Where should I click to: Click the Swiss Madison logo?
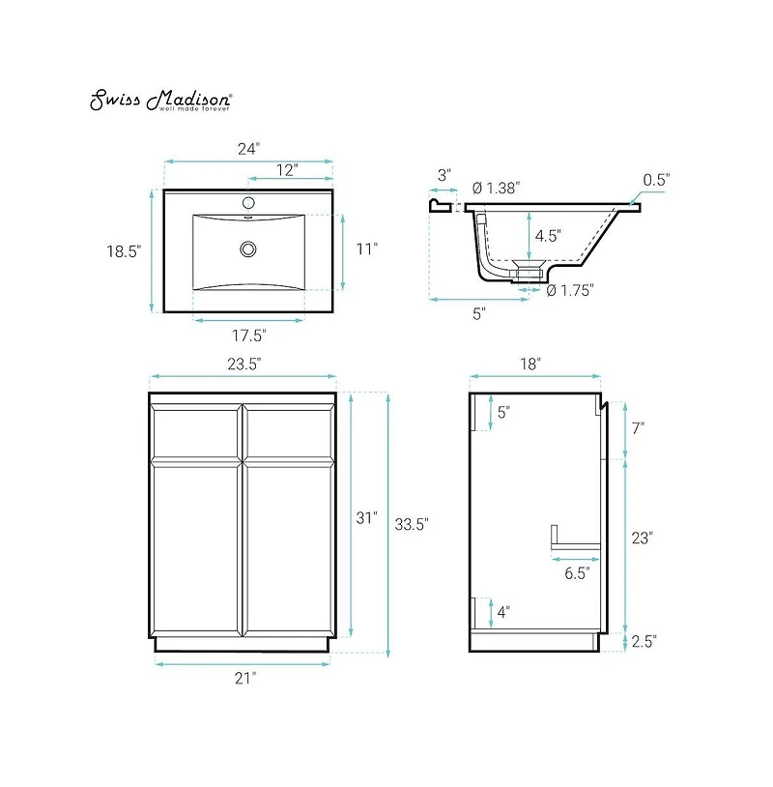[160, 101]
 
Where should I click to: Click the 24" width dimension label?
[249, 149]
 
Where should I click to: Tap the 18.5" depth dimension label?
[124, 250]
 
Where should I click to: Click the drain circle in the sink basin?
[248, 248]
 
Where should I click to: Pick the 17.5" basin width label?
[248, 335]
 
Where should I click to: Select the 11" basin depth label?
[366, 249]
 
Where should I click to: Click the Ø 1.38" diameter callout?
[497, 189]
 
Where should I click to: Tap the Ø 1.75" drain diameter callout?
[570, 289]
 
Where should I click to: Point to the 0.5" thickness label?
[657, 179]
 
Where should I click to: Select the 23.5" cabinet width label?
[243, 363]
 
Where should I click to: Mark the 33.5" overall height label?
[412, 524]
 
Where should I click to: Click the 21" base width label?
[243, 678]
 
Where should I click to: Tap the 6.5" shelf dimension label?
[577, 572]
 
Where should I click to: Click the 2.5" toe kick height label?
[644, 641]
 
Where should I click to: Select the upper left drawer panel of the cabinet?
[197, 433]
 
